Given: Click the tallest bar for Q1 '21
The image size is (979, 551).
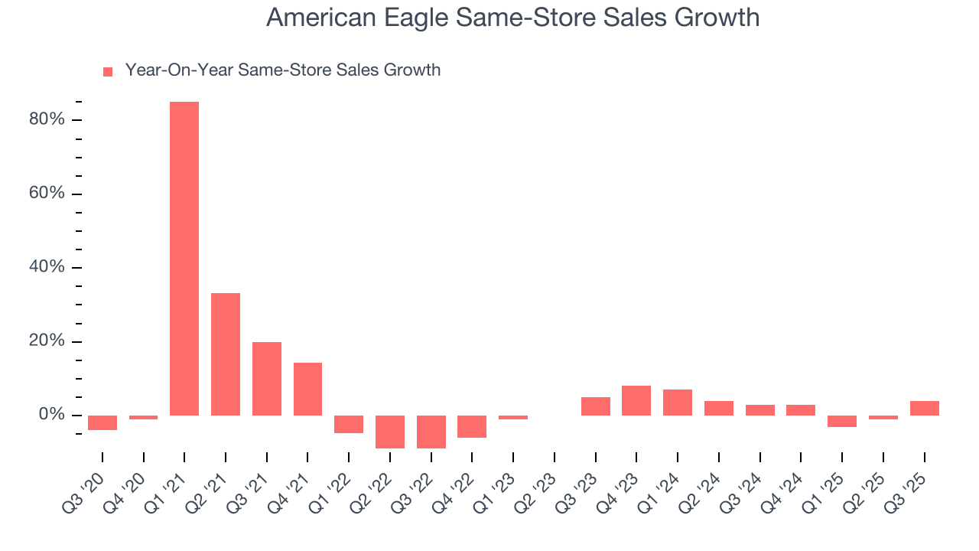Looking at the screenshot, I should click(x=184, y=259).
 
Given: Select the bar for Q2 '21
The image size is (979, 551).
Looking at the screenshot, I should click(x=226, y=354).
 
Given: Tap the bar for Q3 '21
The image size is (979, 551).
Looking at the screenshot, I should click(x=267, y=379).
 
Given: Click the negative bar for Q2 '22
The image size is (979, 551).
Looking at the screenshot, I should click(x=390, y=432).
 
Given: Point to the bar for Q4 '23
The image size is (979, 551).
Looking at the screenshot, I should click(x=636, y=400).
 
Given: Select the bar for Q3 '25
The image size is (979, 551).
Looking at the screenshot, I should click(x=924, y=408).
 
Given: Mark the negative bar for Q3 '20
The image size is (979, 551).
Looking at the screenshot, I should click(x=102, y=422).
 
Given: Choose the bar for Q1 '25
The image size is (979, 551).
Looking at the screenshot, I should click(x=842, y=421).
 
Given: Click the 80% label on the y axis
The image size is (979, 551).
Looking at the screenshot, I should click(x=47, y=120).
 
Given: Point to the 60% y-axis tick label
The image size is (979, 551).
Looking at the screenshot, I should click(x=47, y=194).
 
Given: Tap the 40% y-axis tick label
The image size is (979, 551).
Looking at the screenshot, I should click(x=47, y=268).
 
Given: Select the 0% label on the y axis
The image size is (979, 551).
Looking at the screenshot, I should click(x=50, y=415).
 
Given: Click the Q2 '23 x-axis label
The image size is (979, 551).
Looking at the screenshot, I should click(x=538, y=482).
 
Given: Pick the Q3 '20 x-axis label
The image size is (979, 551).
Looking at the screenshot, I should click(x=86, y=482).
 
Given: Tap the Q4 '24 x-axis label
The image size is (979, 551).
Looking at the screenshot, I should click(x=785, y=482).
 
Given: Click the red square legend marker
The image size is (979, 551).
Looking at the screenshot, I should click(x=108, y=72).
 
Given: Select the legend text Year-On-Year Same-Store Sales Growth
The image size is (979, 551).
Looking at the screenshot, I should click(x=283, y=70).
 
